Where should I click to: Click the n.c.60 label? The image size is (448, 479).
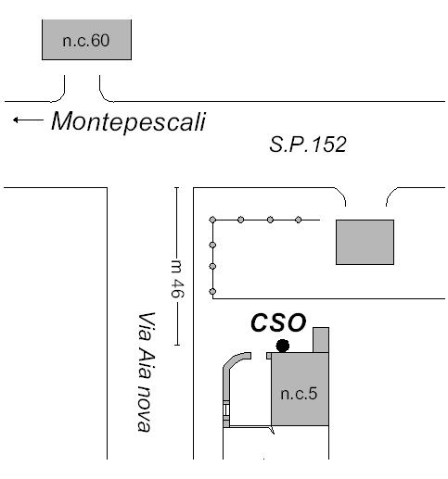(86, 41)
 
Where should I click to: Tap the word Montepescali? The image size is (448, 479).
(128, 121)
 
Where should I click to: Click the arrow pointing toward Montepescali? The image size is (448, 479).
(28, 120)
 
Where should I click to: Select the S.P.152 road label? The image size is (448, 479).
(308, 145)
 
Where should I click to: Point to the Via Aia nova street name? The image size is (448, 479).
(146, 372)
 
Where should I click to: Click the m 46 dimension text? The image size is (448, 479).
(177, 279)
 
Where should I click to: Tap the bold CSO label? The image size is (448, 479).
(278, 322)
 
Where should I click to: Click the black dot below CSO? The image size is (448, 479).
(283, 346)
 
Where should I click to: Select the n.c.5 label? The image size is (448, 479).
(299, 394)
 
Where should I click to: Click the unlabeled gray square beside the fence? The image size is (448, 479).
(365, 242)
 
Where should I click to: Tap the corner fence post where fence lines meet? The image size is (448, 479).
(212, 220)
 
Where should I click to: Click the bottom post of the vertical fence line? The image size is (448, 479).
(212, 291)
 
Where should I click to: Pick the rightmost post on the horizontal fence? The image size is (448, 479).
(299, 220)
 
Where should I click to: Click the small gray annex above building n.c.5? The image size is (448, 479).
(321, 340)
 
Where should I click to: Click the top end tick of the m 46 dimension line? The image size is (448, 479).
(176, 187)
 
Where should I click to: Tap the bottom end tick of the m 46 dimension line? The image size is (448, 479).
(176, 345)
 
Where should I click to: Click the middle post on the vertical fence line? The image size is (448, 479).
(212, 266)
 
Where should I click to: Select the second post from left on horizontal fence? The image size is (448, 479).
(241, 220)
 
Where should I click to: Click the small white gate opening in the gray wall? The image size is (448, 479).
(226, 410)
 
